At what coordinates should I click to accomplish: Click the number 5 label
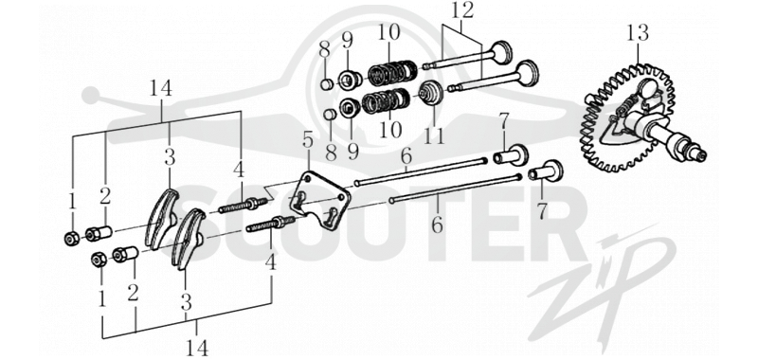point(308,140)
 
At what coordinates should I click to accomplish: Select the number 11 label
point(434,135)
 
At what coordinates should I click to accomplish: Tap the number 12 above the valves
point(462,10)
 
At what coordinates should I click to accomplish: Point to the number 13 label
point(638,33)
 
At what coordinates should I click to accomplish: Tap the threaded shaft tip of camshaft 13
point(700,154)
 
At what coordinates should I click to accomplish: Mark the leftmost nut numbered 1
point(72,237)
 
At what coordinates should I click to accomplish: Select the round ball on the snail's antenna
point(90,95)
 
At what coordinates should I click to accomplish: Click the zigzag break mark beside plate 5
point(274,191)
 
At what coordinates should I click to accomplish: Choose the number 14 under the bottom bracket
point(197,348)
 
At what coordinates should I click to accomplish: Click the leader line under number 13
point(638,54)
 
